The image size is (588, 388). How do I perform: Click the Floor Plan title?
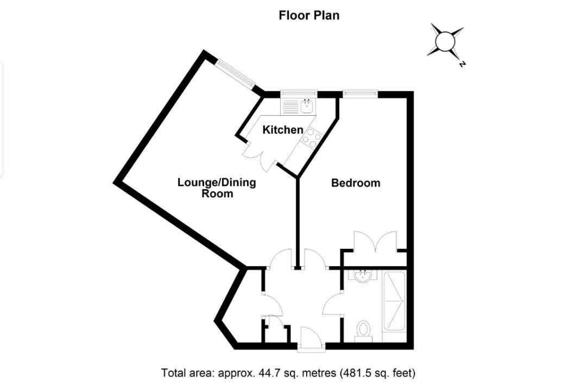pyautogui.click(x=309, y=15)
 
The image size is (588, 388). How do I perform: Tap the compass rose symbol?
pyautogui.click(x=445, y=41)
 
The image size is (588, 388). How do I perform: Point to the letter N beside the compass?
pyautogui.click(x=462, y=64)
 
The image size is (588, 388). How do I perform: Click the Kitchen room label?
pyautogui.click(x=282, y=130)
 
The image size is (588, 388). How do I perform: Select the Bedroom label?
pyautogui.click(x=356, y=183)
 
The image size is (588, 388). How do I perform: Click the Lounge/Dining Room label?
pyautogui.click(x=217, y=187)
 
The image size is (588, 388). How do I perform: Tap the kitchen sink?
pyautogui.click(x=307, y=104)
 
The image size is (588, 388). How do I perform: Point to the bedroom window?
pyautogui.click(x=359, y=94)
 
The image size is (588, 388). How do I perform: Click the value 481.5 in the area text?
pyautogui.click(x=359, y=373)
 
